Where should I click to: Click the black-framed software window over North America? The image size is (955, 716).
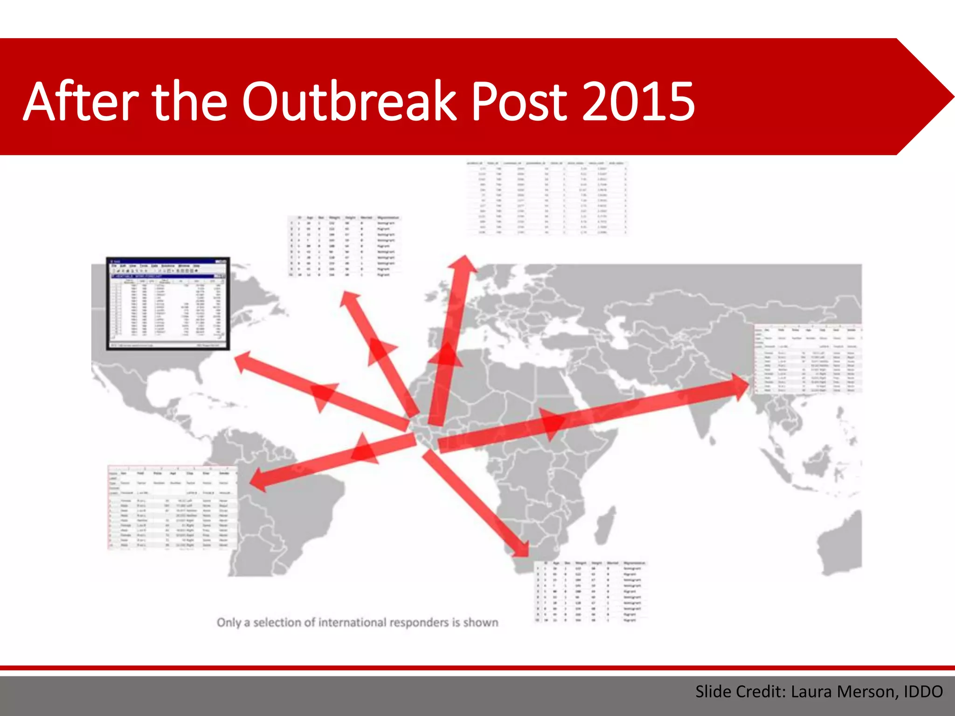coord(168,303)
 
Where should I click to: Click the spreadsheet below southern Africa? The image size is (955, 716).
coord(590,591)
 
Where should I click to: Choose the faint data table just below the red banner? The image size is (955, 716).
coord(547,198)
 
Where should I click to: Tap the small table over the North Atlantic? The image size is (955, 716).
coord(344,246)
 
